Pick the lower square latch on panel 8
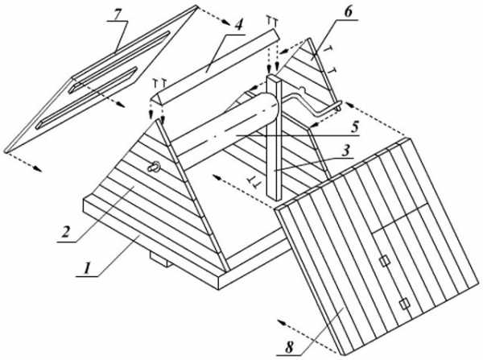pos(404,303)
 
